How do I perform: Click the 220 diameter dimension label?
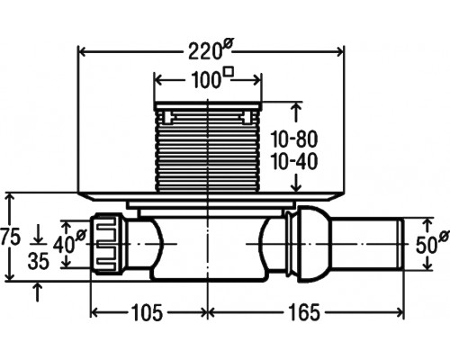[210, 50]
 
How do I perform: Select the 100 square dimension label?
[212, 78]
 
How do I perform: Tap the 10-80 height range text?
[294, 139]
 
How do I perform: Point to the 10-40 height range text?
[294, 162]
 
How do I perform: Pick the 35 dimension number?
[38, 261]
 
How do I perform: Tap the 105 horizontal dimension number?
[147, 312]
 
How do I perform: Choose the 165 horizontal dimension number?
[303, 312]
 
